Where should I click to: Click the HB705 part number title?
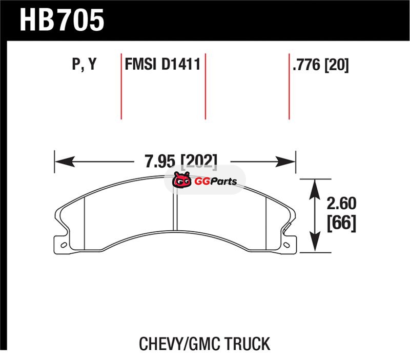[x=62, y=20]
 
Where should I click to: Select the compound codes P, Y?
[x=84, y=65]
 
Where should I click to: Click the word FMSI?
[x=140, y=64]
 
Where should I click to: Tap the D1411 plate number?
[x=181, y=64]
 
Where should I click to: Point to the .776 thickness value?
[x=306, y=65]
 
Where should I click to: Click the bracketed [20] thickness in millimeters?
[x=337, y=65]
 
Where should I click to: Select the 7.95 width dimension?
[x=160, y=161]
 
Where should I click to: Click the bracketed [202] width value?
[x=199, y=162]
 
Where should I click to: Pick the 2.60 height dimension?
[x=341, y=203]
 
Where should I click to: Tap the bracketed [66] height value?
[x=341, y=223]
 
